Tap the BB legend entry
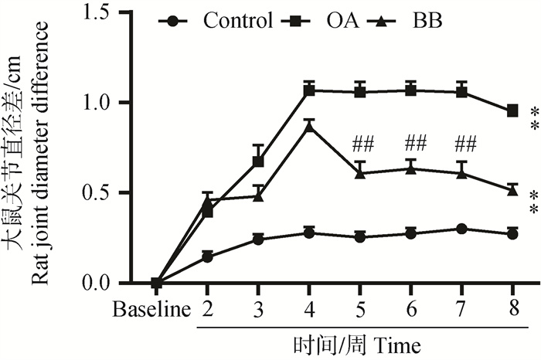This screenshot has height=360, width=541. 417,20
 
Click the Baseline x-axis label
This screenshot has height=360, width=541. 151,311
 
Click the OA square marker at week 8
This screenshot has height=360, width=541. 512,111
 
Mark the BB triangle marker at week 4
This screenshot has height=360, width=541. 309,127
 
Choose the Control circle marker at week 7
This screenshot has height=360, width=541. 461,229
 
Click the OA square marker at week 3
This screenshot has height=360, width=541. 258,161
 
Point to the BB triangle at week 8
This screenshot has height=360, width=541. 512,189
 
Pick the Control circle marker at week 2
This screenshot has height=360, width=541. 207,256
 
